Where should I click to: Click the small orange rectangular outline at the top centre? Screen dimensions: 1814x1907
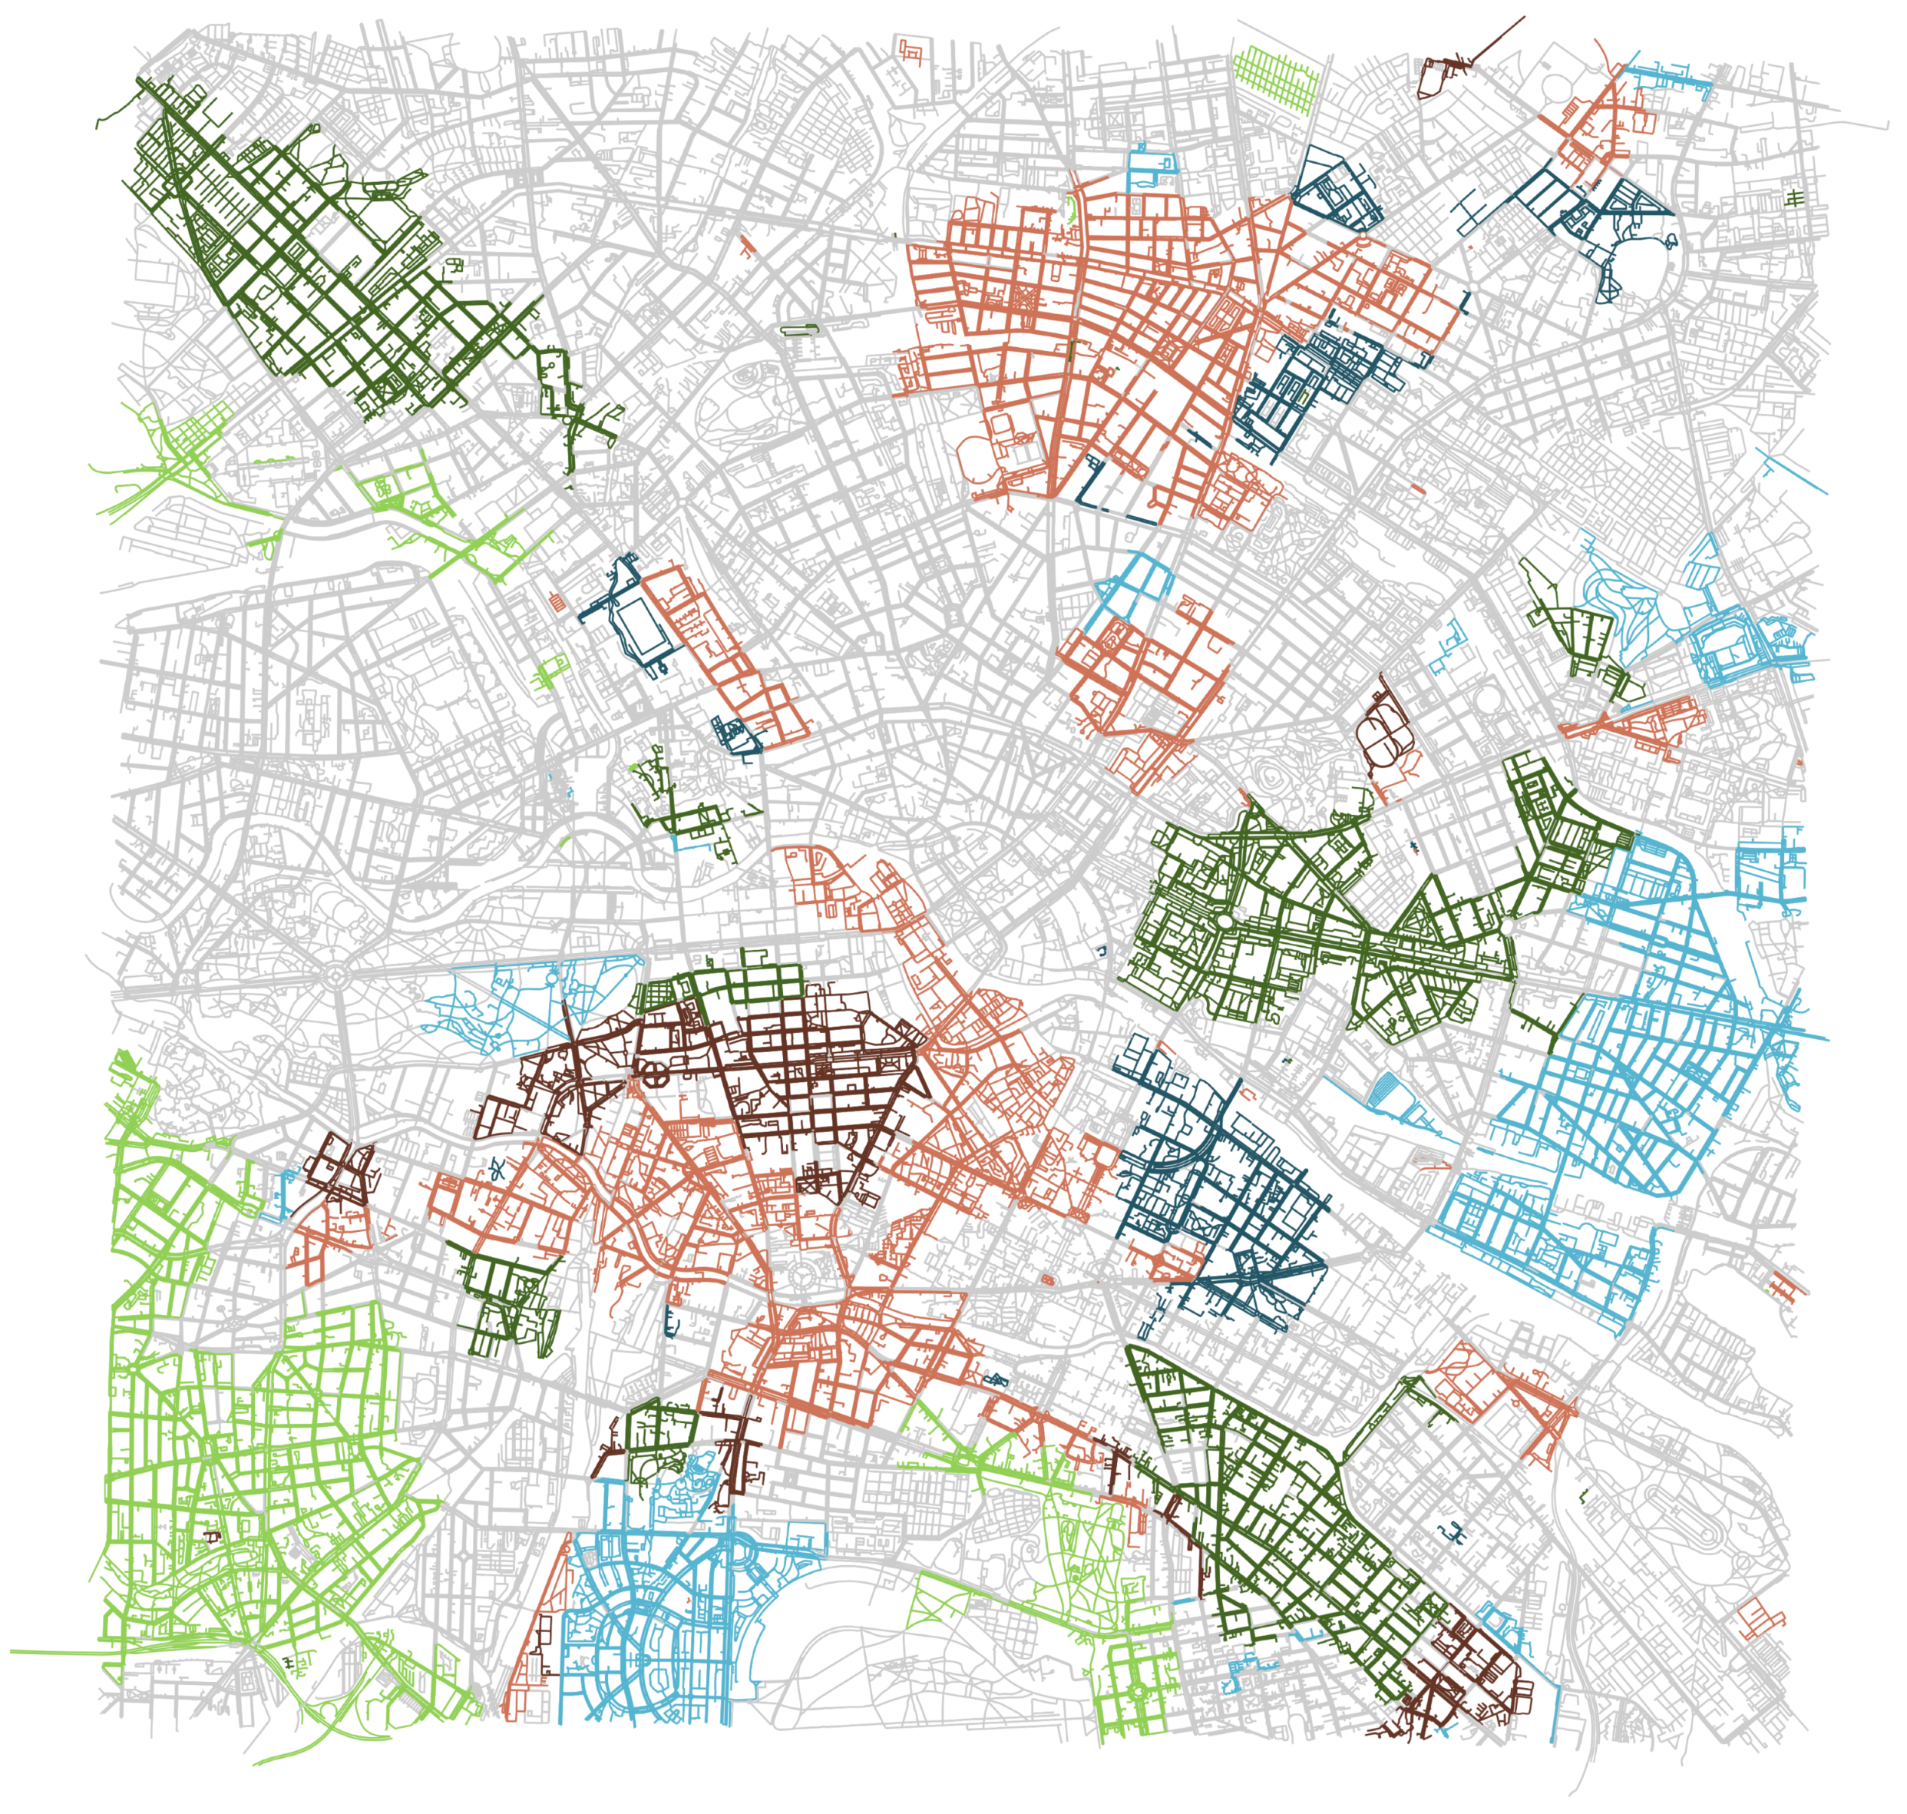click(910, 49)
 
